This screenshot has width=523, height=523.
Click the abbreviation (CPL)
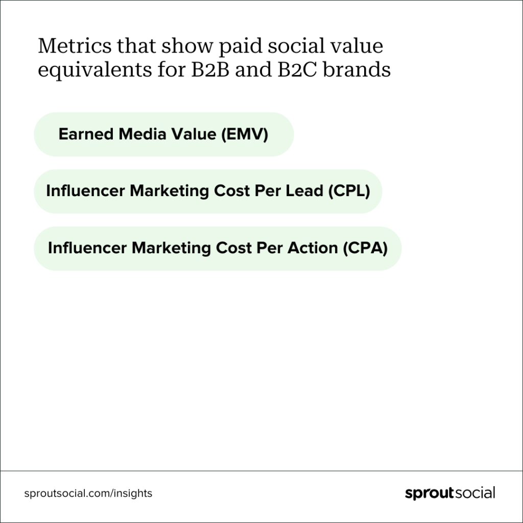(x=348, y=191)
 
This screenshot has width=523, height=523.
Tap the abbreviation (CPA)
(x=365, y=248)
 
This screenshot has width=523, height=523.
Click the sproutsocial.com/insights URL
(x=88, y=493)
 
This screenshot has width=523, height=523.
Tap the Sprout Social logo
(x=449, y=493)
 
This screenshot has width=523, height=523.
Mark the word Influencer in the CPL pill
(x=85, y=191)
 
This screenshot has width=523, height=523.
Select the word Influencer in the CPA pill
(x=87, y=248)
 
